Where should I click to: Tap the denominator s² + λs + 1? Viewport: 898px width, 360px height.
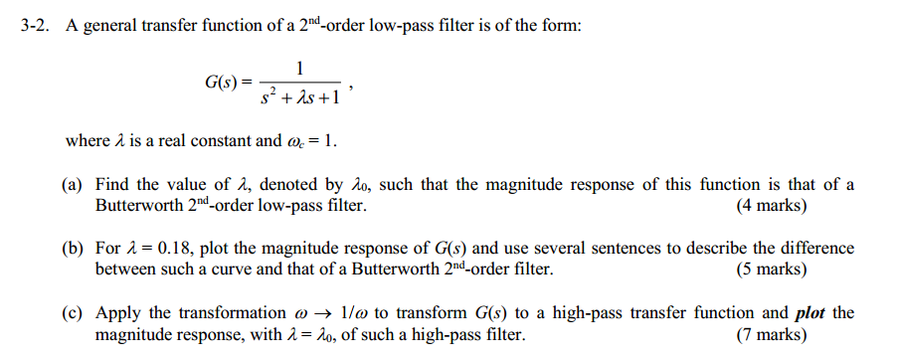point(300,97)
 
